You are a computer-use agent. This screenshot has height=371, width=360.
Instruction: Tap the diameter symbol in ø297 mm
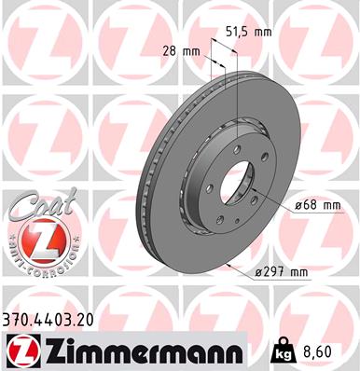(258, 271)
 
